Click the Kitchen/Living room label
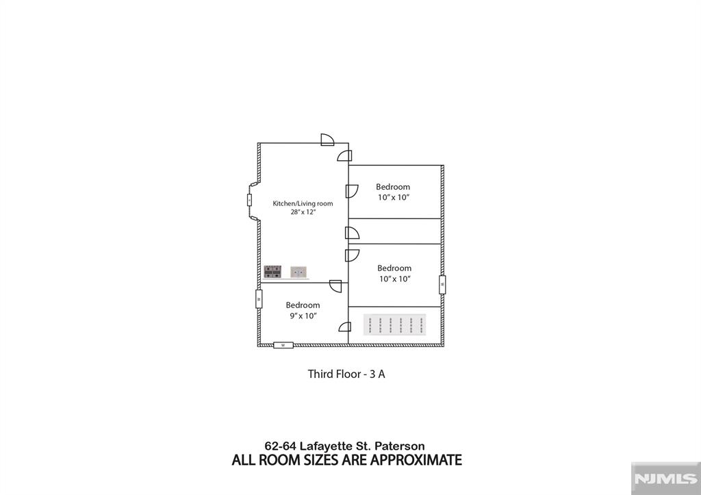pos(303,203)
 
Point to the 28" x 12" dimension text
pos(303,212)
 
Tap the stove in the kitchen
pos(272,271)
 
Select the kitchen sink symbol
pos(298,272)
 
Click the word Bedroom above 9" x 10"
pos(303,305)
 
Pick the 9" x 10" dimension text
pos(303,316)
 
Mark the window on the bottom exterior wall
pos(283,345)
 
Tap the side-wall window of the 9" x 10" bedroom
pos(259,299)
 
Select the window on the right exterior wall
pos(442,284)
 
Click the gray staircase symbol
pos(394,325)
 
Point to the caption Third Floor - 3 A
pos(346,374)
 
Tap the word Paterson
pos(400,446)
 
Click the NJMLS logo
pos(665,479)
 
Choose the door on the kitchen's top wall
pos(327,140)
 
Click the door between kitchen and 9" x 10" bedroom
pos(335,285)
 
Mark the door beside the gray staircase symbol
pos(345,327)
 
